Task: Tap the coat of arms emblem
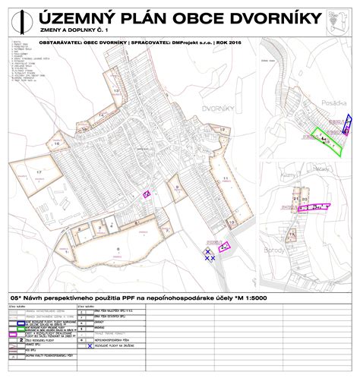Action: [x=336, y=19]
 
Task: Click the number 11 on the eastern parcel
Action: [x=226, y=178]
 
